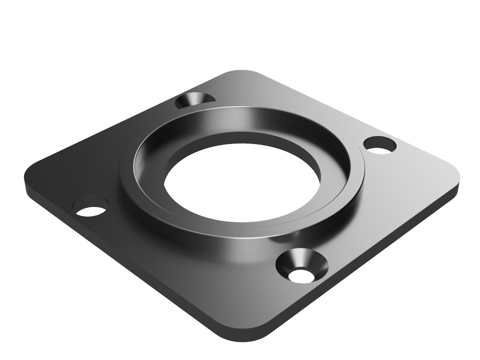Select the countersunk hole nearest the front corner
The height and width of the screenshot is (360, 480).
point(302,267)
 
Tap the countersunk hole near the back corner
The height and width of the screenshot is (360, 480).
point(195,100)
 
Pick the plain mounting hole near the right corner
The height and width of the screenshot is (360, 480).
point(379,145)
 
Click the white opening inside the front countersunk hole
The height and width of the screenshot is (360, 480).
point(302,276)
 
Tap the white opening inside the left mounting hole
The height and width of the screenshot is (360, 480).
point(90,211)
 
